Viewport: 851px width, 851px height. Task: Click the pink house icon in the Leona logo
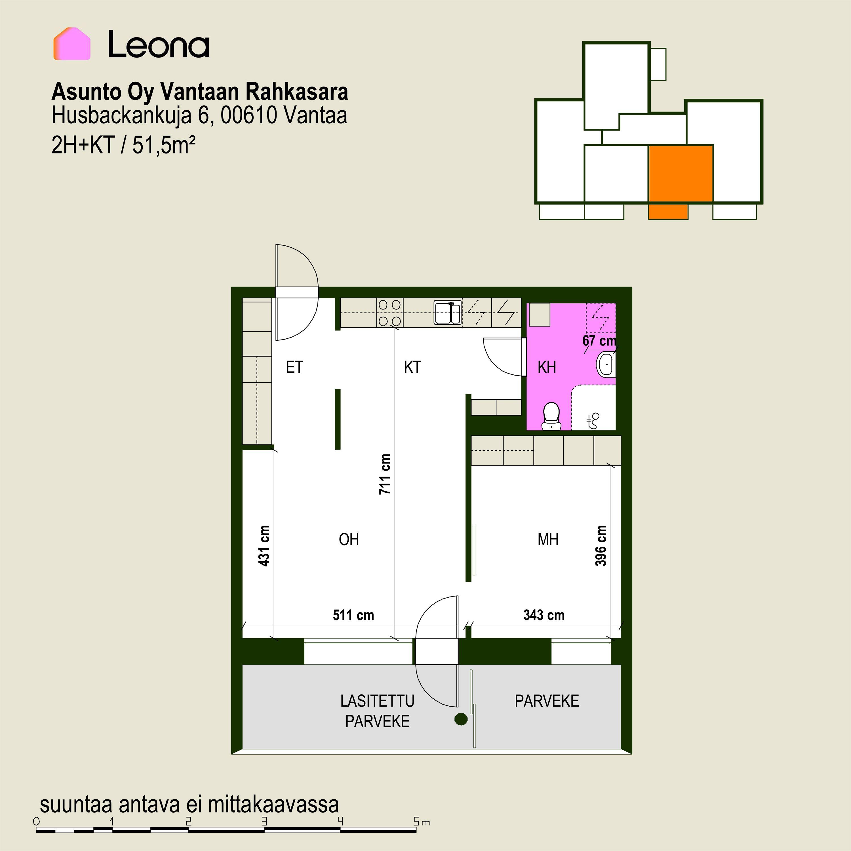click(x=72, y=44)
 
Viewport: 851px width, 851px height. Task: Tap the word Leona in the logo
click(x=159, y=45)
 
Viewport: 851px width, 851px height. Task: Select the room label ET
click(x=294, y=367)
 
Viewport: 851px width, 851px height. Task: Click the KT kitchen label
click(x=412, y=367)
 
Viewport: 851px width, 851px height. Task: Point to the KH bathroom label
click(x=547, y=367)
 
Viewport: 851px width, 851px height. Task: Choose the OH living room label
click(x=349, y=539)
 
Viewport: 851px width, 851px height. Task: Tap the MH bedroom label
click(x=548, y=539)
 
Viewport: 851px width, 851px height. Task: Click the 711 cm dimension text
click(x=385, y=474)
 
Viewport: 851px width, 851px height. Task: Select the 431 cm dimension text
click(x=264, y=545)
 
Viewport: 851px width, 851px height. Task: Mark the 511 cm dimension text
click(x=353, y=615)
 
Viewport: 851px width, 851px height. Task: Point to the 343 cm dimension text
click(x=544, y=615)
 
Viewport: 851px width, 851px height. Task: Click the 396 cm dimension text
click(x=601, y=545)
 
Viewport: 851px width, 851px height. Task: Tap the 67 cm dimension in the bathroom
click(x=599, y=340)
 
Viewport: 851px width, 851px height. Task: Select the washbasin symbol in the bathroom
click(x=606, y=364)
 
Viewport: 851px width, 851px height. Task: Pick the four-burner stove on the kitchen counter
click(x=390, y=313)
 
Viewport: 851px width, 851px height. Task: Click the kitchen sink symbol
click(x=448, y=312)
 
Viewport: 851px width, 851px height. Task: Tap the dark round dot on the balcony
click(x=461, y=719)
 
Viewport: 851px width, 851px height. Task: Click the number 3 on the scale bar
click(x=264, y=821)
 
